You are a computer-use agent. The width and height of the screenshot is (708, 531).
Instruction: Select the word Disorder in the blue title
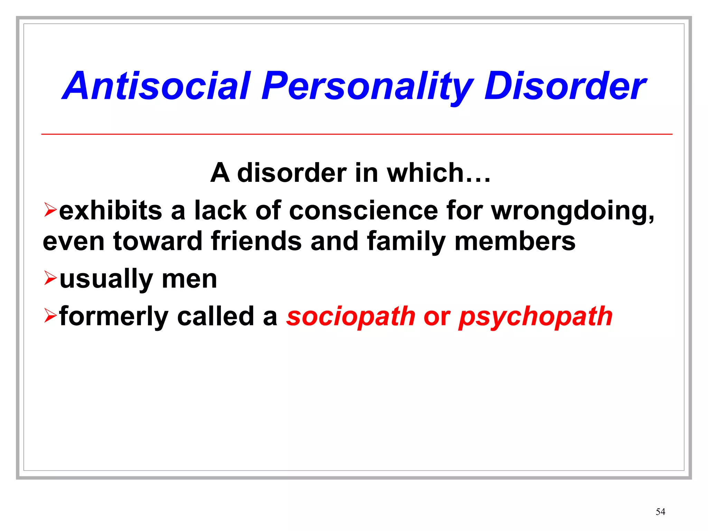(x=565, y=86)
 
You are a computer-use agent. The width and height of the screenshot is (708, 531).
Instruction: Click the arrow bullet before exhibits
(x=50, y=210)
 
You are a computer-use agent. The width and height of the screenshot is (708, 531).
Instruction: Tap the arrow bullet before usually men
(x=50, y=278)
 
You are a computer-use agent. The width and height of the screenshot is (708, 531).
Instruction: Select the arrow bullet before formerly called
(x=50, y=315)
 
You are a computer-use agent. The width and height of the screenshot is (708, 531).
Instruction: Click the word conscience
(x=363, y=211)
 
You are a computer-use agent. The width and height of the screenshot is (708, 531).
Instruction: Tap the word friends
(x=256, y=241)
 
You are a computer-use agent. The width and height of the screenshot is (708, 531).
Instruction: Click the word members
(x=515, y=241)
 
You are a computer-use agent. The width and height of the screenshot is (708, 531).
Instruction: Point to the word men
(x=189, y=279)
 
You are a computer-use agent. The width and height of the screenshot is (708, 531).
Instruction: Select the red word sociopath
(x=351, y=317)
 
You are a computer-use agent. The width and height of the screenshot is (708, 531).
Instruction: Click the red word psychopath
(x=535, y=317)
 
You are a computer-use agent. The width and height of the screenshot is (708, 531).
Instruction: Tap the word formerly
(x=114, y=317)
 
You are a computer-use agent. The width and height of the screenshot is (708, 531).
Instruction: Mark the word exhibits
(x=111, y=211)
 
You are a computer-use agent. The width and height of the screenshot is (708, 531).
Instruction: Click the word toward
(x=158, y=241)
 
